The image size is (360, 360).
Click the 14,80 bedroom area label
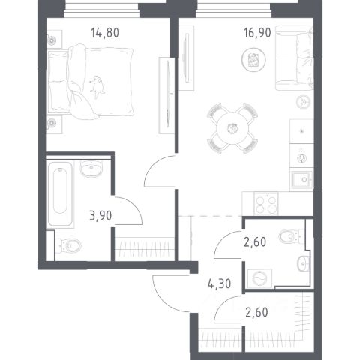coord(105,33)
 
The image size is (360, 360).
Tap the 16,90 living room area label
coord(257,33)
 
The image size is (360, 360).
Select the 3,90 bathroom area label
coord(100,216)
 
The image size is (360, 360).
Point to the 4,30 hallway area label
coord(219,283)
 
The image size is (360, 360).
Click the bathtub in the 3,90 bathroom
coord(60,194)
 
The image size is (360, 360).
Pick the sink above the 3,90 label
coord(91,169)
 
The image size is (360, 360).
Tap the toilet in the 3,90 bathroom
coord(68,245)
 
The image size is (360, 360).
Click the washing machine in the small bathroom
coord(259,278)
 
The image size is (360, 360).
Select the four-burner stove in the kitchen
coord(266,203)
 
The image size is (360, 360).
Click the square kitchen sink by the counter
coord(302,180)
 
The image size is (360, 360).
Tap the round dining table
coord(232,128)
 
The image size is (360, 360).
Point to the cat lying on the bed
coord(97,87)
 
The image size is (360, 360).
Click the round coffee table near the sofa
coord(253,60)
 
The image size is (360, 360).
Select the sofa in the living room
coord(295,58)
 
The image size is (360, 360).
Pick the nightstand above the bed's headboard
coord(54,39)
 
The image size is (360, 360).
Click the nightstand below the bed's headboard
coord(54,124)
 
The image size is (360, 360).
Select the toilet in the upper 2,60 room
coord(291,236)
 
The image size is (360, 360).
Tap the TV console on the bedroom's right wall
coord(166,95)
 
